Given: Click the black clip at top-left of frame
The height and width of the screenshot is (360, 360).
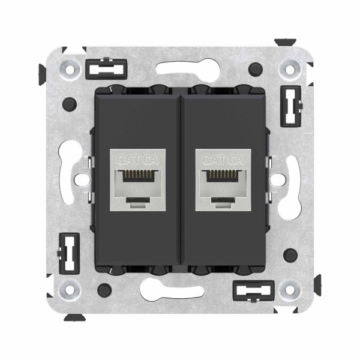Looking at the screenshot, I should coord(101,69).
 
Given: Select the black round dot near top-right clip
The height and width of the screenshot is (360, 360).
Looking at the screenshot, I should coord(257,67).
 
